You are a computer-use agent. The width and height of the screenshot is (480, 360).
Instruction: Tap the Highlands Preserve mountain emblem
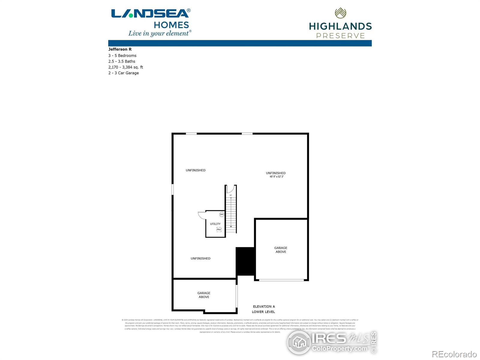pyautogui.click(x=340, y=13)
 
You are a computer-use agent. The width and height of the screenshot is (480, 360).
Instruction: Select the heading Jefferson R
pyautogui.click(x=120, y=49)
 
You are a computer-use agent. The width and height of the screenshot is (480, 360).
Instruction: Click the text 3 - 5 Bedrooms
pyautogui.click(x=122, y=55)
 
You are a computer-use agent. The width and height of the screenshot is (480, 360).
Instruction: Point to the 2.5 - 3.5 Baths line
pyautogui.click(x=122, y=61)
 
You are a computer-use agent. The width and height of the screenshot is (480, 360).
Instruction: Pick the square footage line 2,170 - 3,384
pyautogui.click(x=126, y=67)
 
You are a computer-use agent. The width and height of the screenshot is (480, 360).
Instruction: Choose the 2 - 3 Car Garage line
pyautogui.click(x=124, y=73)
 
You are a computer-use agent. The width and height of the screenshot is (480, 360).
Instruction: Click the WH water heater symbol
pyautogui.click(x=222, y=214)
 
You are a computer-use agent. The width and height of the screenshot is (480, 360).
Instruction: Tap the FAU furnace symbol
pyautogui.click(x=219, y=229)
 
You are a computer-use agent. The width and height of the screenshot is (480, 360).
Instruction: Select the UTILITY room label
pyautogui.click(x=215, y=224)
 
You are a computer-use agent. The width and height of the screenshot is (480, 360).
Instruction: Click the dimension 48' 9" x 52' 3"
pyautogui.click(x=277, y=177)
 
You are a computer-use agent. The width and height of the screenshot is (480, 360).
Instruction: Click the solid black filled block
pyautogui.click(x=245, y=261)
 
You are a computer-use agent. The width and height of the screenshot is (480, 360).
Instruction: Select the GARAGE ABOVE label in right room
pyautogui.click(x=281, y=250)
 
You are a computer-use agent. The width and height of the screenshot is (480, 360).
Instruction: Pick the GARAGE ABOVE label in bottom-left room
pyautogui.click(x=204, y=295)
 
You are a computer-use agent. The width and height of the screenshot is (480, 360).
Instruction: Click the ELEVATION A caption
pyautogui.click(x=264, y=306)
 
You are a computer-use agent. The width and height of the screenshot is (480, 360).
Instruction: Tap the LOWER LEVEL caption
pyautogui.click(x=263, y=312)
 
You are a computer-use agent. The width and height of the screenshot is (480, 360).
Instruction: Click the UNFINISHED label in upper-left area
pyautogui.click(x=196, y=170)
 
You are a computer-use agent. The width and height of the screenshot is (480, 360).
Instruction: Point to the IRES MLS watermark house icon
pyautogui.click(x=299, y=342)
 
